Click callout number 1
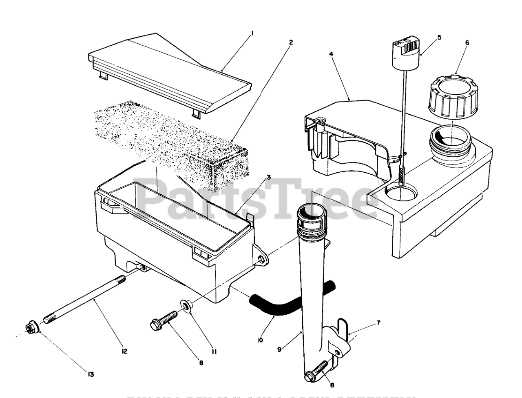[252, 34]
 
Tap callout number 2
[290, 42]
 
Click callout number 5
[439, 37]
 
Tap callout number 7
[378, 311]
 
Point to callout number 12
[124, 351]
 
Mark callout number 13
[91, 374]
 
